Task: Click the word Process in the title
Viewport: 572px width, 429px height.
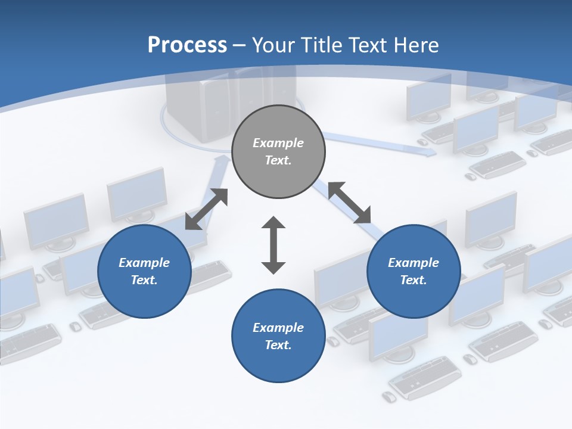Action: pos(187,45)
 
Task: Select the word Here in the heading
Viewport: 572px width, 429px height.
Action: pos(416,45)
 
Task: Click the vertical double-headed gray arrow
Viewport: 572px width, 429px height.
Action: pos(273,245)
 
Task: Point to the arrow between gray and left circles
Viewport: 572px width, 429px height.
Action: pos(207,209)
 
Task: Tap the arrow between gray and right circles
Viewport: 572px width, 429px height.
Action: pos(350,203)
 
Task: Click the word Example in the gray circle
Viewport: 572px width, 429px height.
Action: pos(278,143)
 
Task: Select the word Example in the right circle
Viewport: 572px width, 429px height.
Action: pos(414,263)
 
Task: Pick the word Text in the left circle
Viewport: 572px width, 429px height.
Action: pos(144,280)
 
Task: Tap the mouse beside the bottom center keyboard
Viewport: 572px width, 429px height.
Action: pos(388,397)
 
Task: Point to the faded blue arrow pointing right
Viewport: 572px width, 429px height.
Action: pos(381,145)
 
